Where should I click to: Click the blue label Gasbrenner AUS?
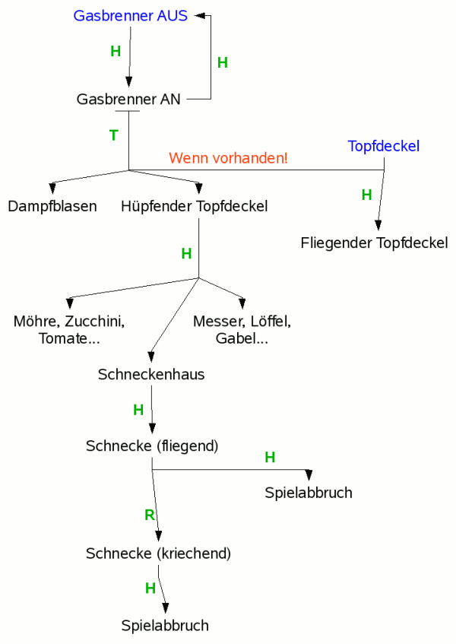130,16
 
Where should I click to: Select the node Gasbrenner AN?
128,99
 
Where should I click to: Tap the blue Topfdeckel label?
383,146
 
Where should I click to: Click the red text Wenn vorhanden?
228,158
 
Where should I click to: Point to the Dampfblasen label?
52,206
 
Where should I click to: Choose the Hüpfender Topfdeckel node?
194,206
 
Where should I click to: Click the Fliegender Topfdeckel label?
374,243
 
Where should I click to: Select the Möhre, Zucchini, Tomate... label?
69,329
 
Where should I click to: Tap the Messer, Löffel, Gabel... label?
242,329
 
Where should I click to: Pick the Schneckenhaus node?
151,375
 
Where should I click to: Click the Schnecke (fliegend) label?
152,446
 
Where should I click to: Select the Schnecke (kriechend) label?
158,553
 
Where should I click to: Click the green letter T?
114,135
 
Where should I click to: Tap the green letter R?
150,515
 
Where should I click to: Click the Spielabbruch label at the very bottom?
165,626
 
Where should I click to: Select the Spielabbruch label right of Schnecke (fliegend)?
309,493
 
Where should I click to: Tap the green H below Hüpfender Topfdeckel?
186,253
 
